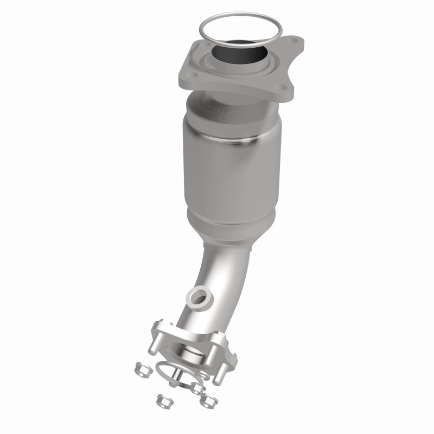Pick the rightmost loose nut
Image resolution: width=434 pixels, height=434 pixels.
[x=207, y=400]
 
